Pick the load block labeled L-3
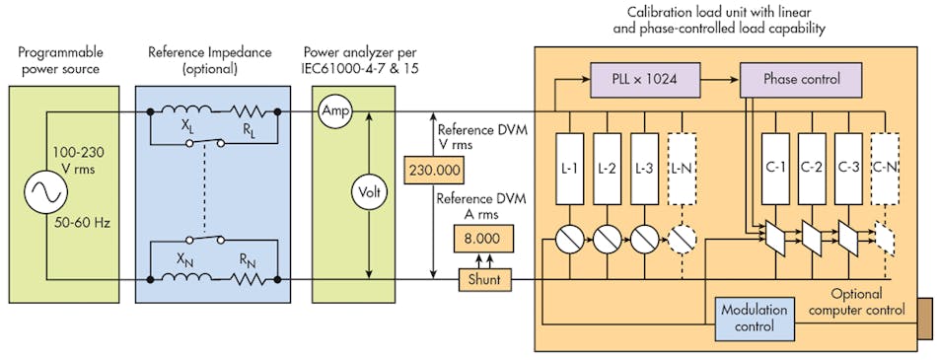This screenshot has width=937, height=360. coord(642,168)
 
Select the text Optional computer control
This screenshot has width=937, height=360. coord(857,303)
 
